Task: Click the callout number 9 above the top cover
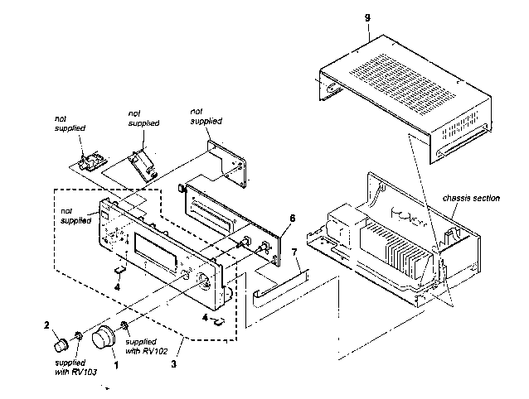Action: (x=368, y=18)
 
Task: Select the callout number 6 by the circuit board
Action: (x=292, y=219)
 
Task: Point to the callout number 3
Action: (x=174, y=364)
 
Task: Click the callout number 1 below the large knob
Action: (x=116, y=365)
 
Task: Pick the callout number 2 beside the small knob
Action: (x=46, y=325)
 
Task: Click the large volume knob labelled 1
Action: (x=104, y=338)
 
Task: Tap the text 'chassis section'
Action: (x=471, y=198)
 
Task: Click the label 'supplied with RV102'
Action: (x=147, y=347)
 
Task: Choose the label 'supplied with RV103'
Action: (x=76, y=368)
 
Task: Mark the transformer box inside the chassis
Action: (x=346, y=223)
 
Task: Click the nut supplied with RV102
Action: (x=124, y=325)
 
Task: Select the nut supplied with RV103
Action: (x=78, y=336)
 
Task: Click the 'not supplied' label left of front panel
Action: (x=75, y=216)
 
